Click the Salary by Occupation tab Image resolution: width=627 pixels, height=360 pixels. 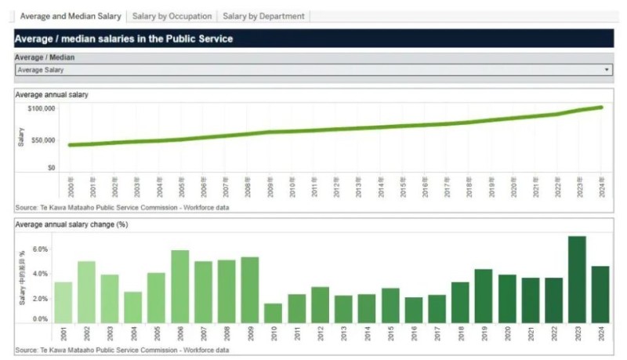click(x=172, y=16)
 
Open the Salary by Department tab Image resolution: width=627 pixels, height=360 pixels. click(x=263, y=16)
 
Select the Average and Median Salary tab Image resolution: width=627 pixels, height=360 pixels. click(x=71, y=16)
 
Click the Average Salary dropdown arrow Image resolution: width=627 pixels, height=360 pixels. click(x=607, y=70)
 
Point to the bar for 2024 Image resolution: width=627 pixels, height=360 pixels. click(x=600, y=295)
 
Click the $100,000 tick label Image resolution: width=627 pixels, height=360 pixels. click(x=39, y=108)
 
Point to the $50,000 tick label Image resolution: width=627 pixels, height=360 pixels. click(x=41, y=140)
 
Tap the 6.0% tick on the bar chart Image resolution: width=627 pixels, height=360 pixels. click(x=40, y=249)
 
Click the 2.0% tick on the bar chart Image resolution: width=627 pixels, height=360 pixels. click(x=40, y=298)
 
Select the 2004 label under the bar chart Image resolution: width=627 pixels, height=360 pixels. click(x=133, y=333)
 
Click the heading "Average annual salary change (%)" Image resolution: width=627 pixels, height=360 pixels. click(x=71, y=224)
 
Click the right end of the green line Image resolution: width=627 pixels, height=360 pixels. click(x=601, y=107)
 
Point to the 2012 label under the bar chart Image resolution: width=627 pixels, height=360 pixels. click(x=321, y=333)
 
